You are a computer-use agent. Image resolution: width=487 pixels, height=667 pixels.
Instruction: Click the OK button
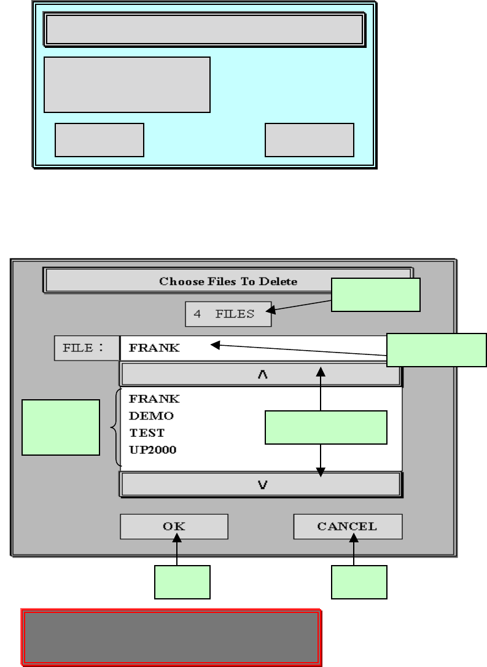174,526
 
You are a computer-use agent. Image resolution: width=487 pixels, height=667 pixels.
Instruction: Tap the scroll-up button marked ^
261,375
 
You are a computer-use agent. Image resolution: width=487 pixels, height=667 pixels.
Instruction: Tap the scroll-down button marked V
261,484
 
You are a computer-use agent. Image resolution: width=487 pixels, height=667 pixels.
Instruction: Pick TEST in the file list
147,432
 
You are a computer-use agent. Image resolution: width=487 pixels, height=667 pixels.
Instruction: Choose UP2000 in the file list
153,449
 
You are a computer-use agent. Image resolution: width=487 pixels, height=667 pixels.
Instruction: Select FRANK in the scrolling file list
154,399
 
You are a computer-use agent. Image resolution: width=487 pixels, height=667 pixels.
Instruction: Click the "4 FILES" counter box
228,314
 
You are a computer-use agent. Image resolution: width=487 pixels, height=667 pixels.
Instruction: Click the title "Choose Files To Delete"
228,281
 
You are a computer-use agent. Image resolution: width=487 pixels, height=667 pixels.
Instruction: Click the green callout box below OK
182,582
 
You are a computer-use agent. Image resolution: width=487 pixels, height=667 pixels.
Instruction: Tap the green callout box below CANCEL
359,582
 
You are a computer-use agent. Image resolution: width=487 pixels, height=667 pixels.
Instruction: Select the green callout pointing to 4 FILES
376,295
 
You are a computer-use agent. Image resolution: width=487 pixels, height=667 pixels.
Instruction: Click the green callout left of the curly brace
60,427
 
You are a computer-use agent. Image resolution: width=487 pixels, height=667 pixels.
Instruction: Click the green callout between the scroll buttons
325,427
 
